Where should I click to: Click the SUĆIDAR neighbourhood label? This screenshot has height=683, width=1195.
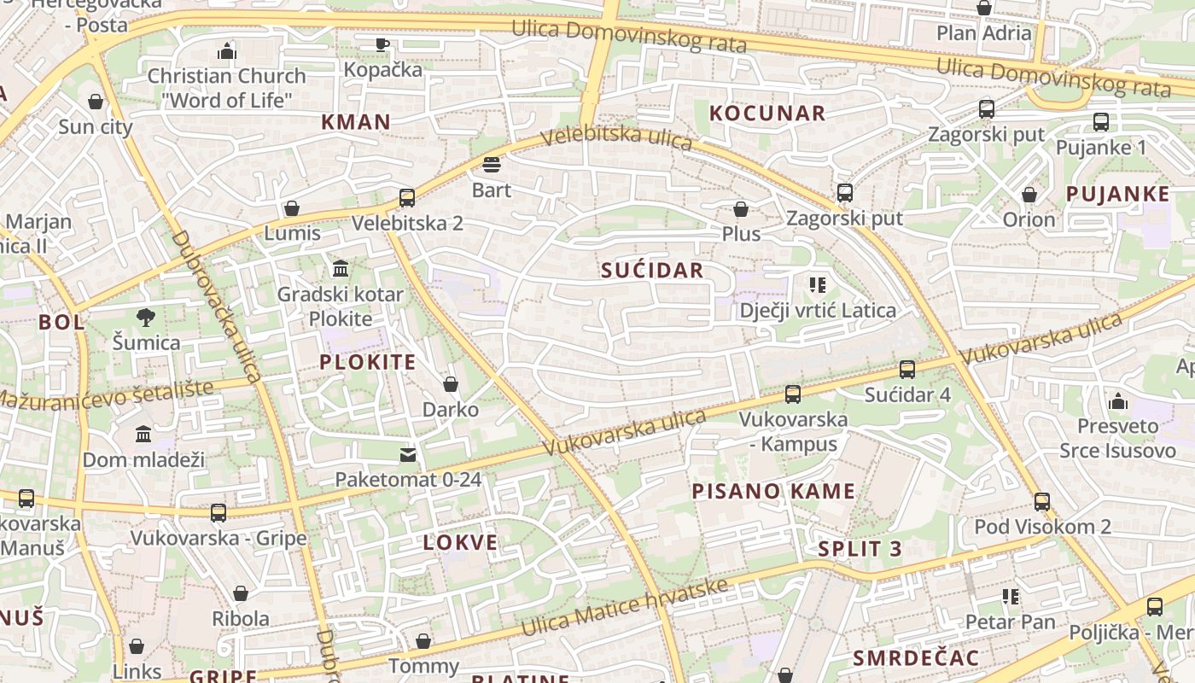pos(652,271)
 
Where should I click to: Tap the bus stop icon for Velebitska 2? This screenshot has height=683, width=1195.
pos(407,198)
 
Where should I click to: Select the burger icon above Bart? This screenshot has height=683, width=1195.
pos(492,164)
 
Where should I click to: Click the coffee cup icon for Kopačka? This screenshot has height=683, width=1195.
pos(382,44)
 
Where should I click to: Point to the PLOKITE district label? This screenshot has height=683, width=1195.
pos(368,362)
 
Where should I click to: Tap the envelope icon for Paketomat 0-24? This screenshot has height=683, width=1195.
pos(408,454)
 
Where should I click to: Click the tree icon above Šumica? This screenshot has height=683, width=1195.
pos(146,318)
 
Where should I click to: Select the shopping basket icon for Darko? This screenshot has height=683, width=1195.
pos(451,384)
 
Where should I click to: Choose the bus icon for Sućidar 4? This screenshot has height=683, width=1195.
pos(907,370)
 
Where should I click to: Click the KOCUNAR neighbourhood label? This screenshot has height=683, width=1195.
pos(767,113)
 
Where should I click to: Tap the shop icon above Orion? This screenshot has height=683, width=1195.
pos(1029,195)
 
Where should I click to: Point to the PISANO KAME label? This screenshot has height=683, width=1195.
pos(773,491)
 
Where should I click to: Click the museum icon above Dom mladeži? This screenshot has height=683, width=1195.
pos(143,434)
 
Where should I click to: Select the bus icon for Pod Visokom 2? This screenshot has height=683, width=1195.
pos(1042,501)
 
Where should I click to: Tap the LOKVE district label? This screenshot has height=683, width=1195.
pos(460,542)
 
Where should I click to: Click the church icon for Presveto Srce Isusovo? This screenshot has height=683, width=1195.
pos(1118,400)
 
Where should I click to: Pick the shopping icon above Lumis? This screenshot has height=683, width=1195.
pos(292,208)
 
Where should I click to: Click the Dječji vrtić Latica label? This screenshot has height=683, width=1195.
pos(818,310)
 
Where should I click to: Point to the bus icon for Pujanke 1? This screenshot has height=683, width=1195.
pos(1101,122)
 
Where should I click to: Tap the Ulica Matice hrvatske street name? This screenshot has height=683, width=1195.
pos(625,607)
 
